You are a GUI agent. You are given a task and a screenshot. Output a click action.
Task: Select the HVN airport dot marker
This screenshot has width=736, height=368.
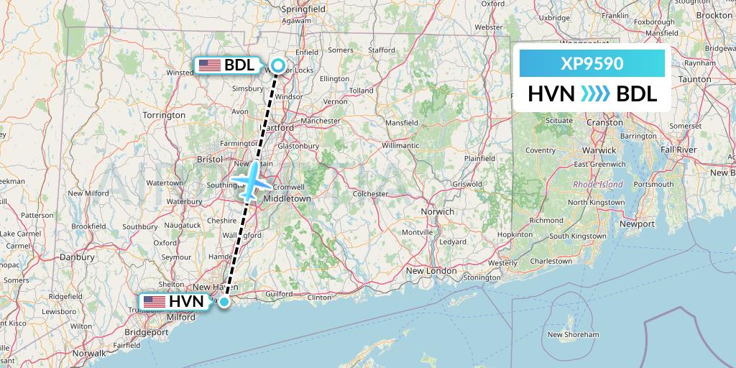coord(224,302)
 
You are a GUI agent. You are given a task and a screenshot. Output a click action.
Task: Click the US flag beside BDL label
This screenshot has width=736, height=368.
coord(210,65)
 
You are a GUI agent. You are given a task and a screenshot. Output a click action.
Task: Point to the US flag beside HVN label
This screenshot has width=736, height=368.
coord(155,302)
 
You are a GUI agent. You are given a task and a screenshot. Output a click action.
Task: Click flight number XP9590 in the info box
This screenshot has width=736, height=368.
coord(592,63)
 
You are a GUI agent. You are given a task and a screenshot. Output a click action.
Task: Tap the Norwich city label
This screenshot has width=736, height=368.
coord(437,211)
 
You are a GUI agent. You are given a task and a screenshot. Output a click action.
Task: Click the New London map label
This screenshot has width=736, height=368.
coord(431,271)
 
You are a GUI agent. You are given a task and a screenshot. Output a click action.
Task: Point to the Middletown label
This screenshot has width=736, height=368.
coord(287,198)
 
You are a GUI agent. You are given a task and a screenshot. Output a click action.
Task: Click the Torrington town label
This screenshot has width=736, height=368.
coord(164,115)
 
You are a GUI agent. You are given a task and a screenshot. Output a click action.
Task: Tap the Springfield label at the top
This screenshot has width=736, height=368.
coord(304,9)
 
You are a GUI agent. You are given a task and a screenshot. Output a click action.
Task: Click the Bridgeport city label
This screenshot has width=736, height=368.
coord(146,333)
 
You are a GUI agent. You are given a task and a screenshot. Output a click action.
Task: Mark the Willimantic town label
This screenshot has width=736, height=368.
coord(400,144)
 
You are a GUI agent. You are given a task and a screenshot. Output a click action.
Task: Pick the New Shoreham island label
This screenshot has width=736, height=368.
coord(573,334)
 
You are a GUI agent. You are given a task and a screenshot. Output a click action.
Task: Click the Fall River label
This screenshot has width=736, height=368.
coord(678,149)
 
